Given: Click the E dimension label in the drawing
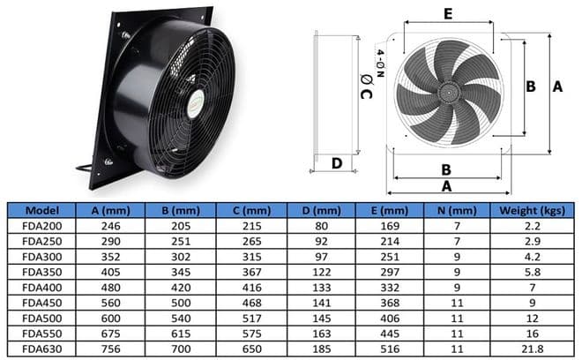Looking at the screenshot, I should tap(447, 14).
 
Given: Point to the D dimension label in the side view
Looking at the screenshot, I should tap(336, 162).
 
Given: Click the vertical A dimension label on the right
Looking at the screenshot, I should tap(556, 86).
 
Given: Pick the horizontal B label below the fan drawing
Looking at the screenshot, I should tap(446, 169).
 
